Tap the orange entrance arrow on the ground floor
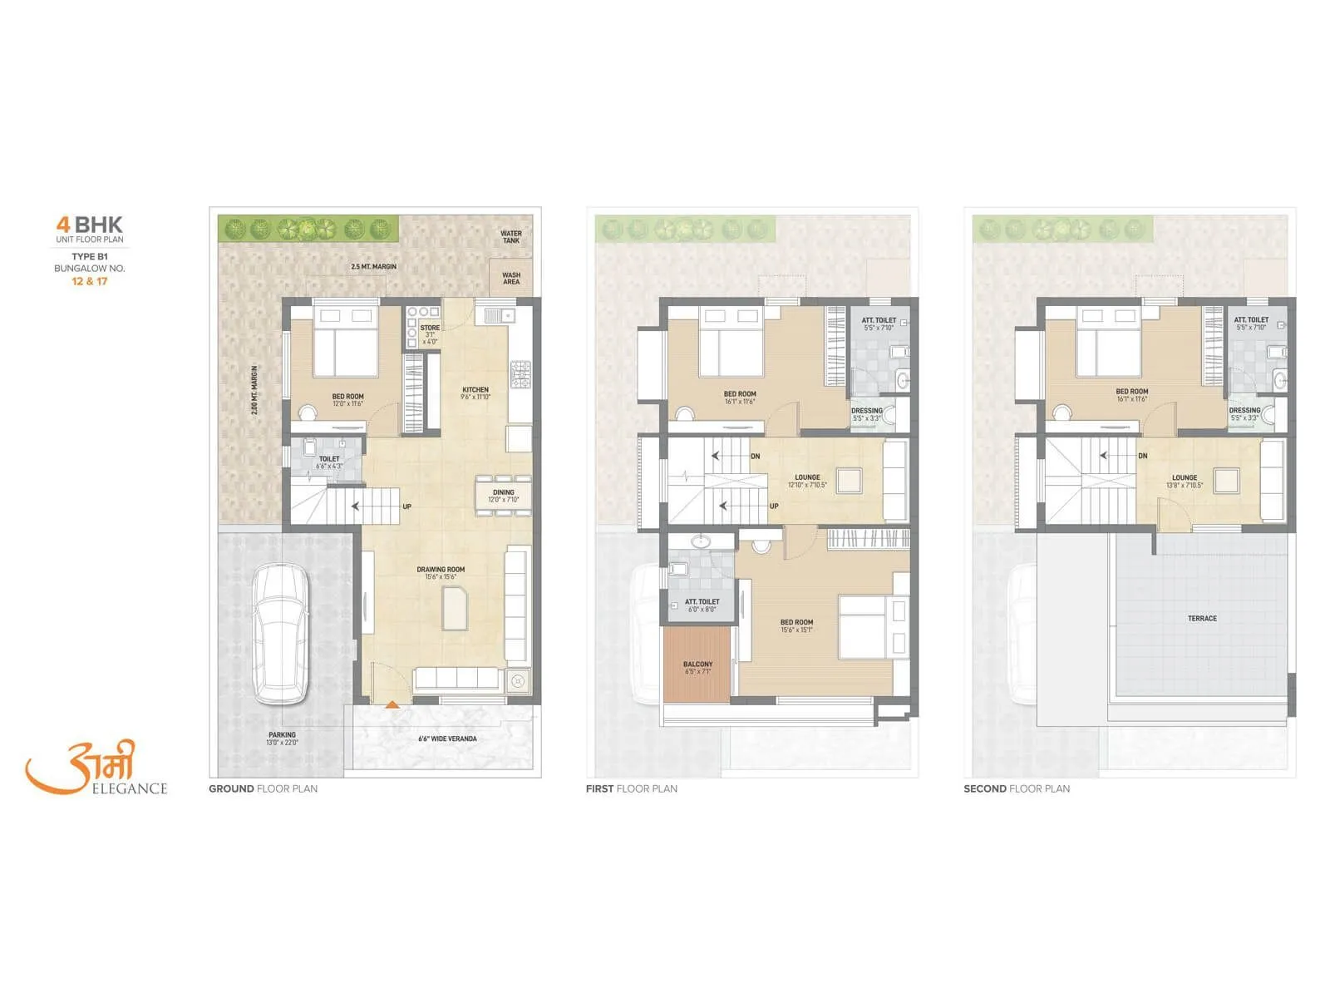[392, 704]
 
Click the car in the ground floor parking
[281, 633]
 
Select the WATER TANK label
[511, 237]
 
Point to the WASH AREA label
[511, 278]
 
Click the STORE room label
[430, 328]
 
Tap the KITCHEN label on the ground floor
[475, 389]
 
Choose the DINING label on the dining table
[503, 492]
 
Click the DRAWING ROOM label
[441, 570]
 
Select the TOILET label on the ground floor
[329, 458]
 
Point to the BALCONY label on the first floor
[697, 665]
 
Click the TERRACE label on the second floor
[1202, 618]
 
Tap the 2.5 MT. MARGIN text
[373, 266]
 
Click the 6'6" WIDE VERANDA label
[447, 738]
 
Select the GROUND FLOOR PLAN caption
[263, 788]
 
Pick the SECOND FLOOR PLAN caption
[1017, 788]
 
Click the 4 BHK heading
[89, 225]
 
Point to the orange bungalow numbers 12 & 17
[90, 281]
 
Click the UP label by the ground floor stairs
[407, 506]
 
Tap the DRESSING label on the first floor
[867, 411]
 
